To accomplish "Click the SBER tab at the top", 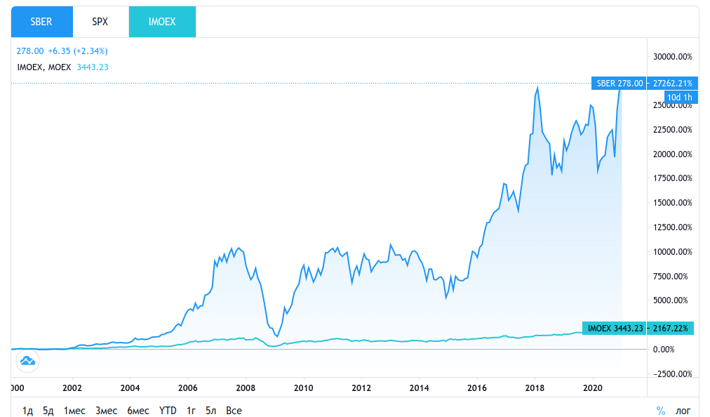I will pos(41,22).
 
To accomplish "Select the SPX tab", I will pos(100,22).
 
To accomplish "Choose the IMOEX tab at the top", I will pos(162,22).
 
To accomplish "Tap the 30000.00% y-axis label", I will pos(673,56).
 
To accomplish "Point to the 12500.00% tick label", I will pos(673,227).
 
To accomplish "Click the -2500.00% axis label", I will pos(673,373).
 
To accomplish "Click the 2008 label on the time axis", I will pos(245,388).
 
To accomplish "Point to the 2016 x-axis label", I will pos(477,388).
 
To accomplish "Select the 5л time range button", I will pos(211,410).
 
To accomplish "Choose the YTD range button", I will pos(168,410).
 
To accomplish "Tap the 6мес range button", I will pos(138,410).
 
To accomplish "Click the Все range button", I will pos(234,410).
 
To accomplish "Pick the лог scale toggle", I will pos(683,410).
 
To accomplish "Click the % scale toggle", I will pos(660,410).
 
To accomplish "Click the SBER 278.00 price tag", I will pos(619,83).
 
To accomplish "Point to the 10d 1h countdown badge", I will pos(679,97).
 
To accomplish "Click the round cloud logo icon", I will pos(28,361).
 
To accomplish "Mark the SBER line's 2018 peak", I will pos(537,87).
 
